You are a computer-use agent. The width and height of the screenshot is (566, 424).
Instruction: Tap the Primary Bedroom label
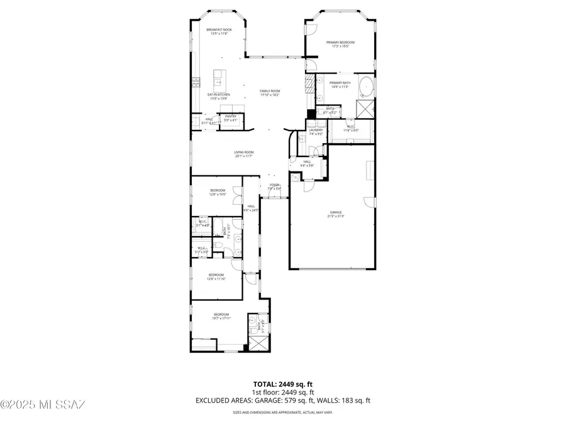pyautogui.click(x=340, y=42)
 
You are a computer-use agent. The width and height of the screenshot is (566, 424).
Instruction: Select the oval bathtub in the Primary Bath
pyautogui.click(x=365, y=85)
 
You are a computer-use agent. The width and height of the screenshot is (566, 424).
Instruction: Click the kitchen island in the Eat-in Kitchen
pyautogui.click(x=219, y=79)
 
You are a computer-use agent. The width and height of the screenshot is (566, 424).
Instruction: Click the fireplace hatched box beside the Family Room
pyautogui.click(x=309, y=85)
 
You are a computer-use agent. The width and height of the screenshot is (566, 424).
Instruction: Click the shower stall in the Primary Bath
pyautogui.click(x=365, y=107)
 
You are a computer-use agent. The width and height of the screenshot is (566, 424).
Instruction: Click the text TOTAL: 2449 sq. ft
pyautogui.click(x=282, y=383)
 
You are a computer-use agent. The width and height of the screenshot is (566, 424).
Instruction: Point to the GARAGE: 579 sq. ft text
pyautogui.click(x=291, y=400)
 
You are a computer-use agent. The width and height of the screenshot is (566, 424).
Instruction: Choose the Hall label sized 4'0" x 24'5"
pyautogui.click(x=251, y=207)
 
